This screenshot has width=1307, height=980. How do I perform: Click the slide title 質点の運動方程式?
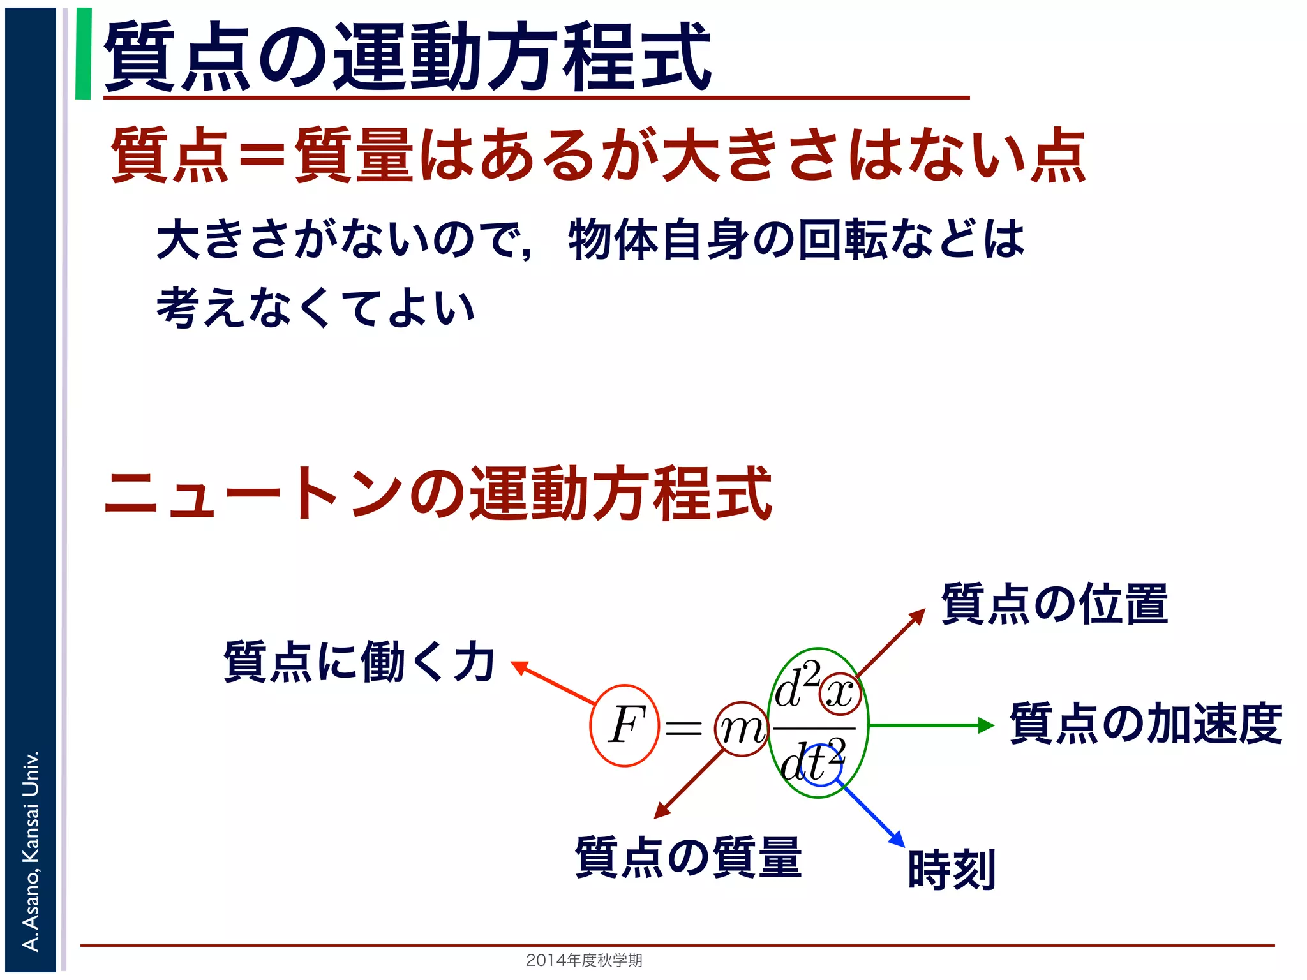[x=407, y=56]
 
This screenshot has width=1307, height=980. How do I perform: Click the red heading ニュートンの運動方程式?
[x=438, y=493]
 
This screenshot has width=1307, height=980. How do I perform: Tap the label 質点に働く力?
[x=359, y=662]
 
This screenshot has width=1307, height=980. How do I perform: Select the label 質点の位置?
[x=1054, y=604]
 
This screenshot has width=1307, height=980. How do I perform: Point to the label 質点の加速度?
[x=1146, y=724]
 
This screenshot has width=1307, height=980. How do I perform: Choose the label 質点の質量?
[x=688, y=857]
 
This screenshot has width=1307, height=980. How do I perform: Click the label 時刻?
[x=952, y=870]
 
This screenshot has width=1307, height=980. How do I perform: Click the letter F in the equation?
[x=625, y=725]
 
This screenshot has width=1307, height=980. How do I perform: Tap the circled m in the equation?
[x=741, y=729]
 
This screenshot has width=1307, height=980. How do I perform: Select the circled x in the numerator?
[x=840, y=694]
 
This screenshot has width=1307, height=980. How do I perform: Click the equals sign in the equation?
[x=683, y=728]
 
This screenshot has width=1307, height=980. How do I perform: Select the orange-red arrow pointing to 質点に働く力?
[x=553, y=683]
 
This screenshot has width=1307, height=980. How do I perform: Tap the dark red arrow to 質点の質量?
[x=689, y=785]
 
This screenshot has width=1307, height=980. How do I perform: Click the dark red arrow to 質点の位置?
[x=890, y=642]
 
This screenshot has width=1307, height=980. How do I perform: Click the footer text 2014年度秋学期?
[x=584, y=960]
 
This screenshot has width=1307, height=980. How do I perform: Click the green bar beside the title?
[x=83, y=54]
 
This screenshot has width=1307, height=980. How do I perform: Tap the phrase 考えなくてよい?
[x=316, y=308]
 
